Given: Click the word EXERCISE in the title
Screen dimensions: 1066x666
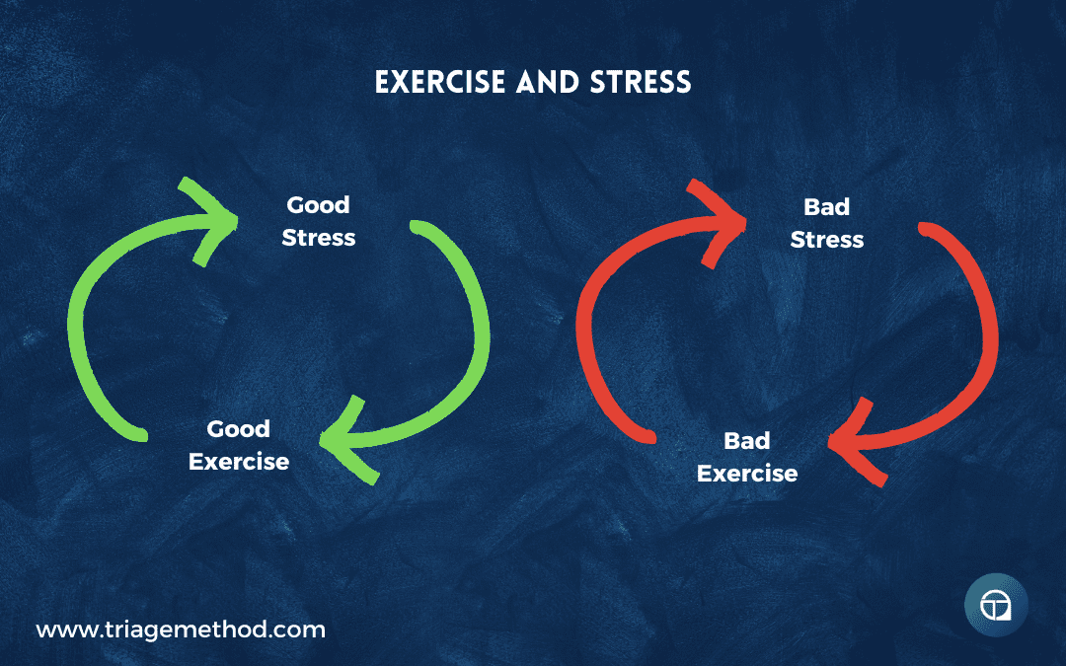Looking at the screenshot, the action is point(440,82).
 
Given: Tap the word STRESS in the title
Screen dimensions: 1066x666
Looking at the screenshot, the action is point(641,82).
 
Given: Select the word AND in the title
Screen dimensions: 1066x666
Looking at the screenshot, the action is point(547,82).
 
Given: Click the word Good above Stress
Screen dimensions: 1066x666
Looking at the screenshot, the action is point(318,204).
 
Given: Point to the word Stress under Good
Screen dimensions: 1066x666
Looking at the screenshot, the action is point(318,237).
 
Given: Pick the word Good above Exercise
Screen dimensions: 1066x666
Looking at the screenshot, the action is point(239,428).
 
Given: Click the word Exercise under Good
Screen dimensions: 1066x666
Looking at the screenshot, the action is point(239,462).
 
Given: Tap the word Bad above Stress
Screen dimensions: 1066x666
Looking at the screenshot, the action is point(827,206).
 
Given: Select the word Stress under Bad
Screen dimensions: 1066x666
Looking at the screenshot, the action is point(827,239).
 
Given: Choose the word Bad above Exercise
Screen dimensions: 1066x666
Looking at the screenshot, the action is point(746,440).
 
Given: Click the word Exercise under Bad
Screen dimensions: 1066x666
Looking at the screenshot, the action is point(747,473).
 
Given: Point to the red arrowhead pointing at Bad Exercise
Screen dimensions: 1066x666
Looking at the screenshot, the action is point(855,443).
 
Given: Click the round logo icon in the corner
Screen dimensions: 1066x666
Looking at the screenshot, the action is point(996,605).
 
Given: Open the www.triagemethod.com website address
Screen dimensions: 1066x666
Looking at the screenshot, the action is point(181,629).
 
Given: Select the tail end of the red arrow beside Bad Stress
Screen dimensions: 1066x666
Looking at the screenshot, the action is point(925,228).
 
